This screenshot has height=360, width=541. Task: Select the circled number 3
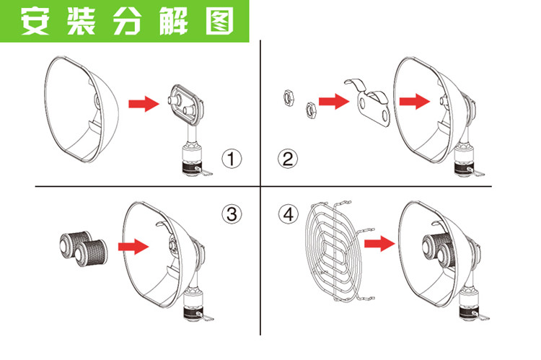[x=232, y=214]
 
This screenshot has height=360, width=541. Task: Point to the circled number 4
[x=288, y=214]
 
